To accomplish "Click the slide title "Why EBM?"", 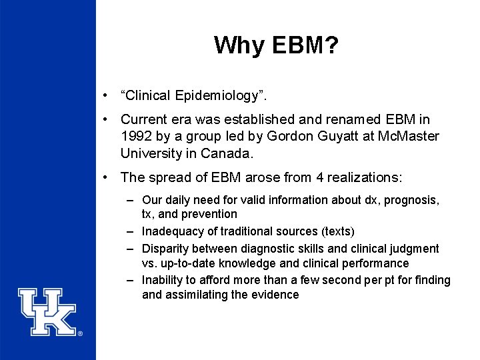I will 276,45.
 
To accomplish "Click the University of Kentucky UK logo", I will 48,311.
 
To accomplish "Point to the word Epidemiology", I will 217,97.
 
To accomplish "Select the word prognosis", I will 409,200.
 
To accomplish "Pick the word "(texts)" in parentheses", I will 338,231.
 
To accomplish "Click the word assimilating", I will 197,295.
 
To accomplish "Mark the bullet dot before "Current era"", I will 106,120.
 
